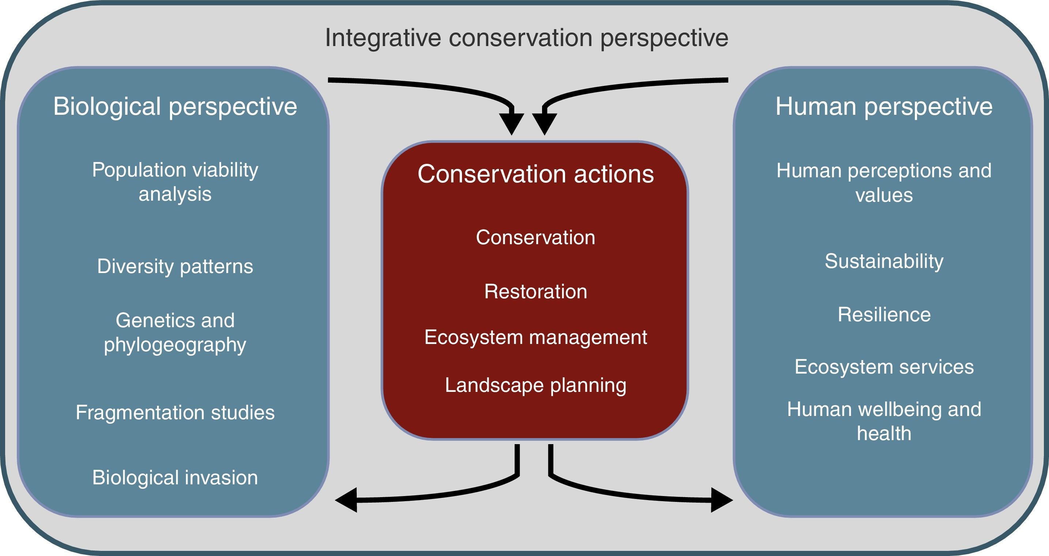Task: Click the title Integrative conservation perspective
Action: [526, 38]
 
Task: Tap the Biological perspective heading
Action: [175, 106]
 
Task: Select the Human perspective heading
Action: [884, 106]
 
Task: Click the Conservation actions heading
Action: [535, 174]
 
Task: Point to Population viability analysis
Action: [175, 182]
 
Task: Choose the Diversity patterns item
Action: [175, 266]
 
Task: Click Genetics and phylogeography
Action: [175, 332]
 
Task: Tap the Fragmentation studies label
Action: [175, 412]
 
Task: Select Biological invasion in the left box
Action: [175, 477]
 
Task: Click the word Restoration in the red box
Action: [535, 292]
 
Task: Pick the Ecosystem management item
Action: [535, 337]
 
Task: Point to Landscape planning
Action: [535, 385]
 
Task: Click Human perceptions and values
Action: [884, 182]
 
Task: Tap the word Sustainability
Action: [884, 261]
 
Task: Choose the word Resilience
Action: [884, 315]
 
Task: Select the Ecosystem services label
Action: [884, 367]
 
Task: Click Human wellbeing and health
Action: [884, 421]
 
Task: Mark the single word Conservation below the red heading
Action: [535, 238]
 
